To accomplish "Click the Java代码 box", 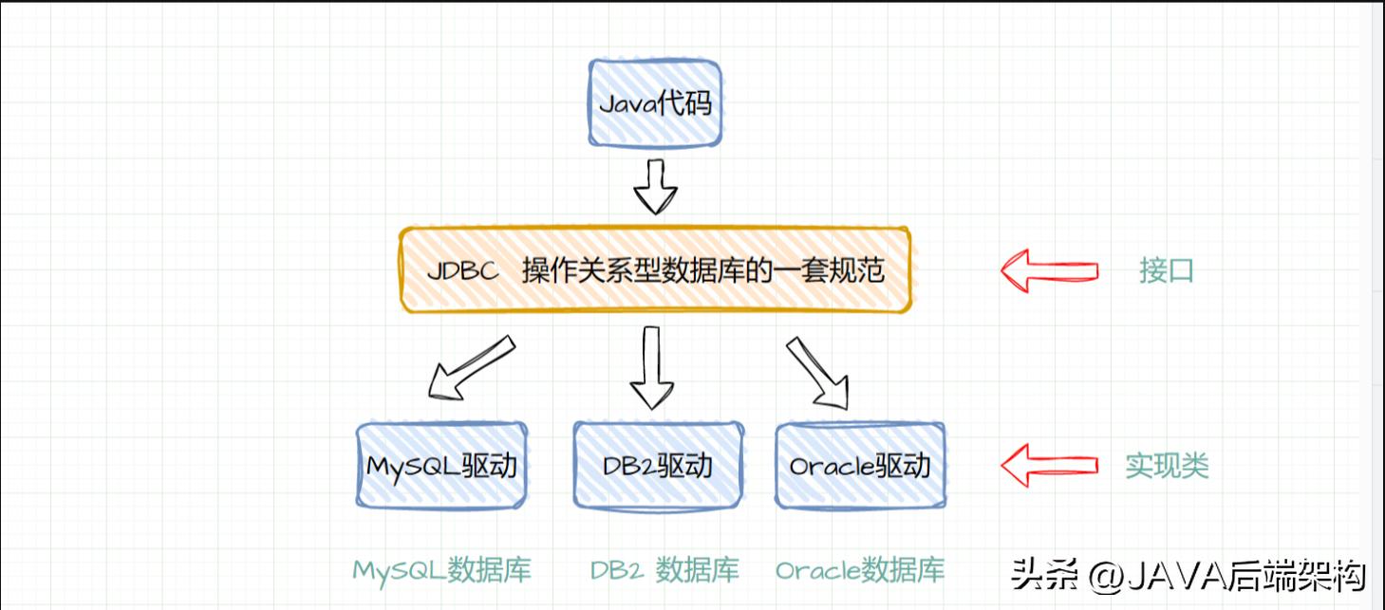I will [655, 103].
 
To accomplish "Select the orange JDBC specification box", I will [655, 270].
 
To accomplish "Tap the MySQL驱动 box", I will [441, 466].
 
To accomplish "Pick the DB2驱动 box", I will [658, 466].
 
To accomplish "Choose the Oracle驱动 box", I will [860, 466].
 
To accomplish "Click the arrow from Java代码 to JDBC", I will [655, 186].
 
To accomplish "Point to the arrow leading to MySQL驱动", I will [470, 367].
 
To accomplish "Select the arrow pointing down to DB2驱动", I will [651, 367].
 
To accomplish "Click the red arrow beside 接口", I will [1049, 271].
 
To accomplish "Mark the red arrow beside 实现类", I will [1049, 465].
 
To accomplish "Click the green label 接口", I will [1167, 271].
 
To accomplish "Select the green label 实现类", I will [1167, 466].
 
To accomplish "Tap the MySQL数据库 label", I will [441, 570].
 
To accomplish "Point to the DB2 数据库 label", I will [664, 570].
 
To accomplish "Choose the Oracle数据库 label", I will [860, 570].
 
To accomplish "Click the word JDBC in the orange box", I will [462, 271].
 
